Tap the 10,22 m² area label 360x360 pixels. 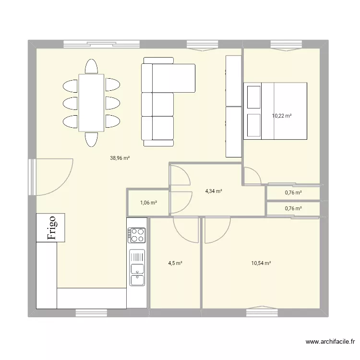point(282,116)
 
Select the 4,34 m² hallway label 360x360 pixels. point(214,191)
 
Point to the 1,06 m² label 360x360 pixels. point(148,203)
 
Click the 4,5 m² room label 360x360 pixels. point(175,263)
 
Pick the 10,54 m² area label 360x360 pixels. point(261,263)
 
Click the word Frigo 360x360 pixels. point(52,228)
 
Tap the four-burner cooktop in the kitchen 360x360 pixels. point(137,235)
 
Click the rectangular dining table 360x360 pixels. point(91,102)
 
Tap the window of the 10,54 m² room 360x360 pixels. point(262,312)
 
